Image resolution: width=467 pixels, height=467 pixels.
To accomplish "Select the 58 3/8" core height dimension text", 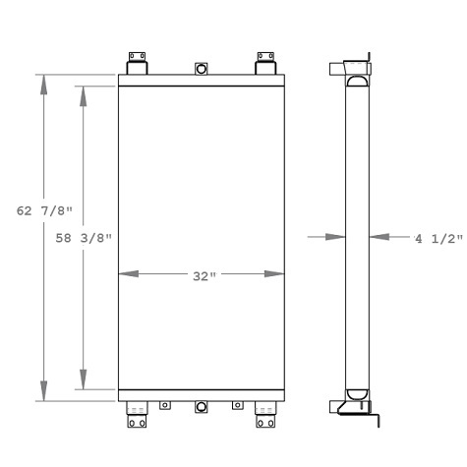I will click(x=84, y=238).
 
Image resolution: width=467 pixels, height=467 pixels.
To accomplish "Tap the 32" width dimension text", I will click(x=203, y=275).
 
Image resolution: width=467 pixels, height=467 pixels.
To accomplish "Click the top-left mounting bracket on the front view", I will click(x=137, y=64).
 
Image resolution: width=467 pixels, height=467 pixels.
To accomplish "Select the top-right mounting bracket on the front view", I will click(x=265, y=64).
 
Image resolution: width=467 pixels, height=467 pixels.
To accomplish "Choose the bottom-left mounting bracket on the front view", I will click(x=137, y=416).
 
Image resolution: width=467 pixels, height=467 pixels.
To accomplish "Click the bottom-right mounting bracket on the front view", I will click(x=265, y=416).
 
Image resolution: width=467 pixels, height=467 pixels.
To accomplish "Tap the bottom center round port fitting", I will click(x=202, y=408).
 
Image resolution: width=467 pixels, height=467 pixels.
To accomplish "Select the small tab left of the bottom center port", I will click(x=166, y=405).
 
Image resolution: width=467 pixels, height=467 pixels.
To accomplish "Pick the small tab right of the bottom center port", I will click(x=236, y=405).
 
